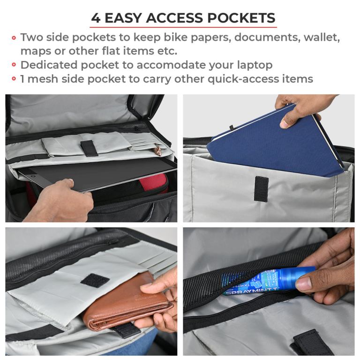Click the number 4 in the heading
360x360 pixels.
coord(96,18)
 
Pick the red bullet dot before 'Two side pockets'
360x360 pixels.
coord(14,37)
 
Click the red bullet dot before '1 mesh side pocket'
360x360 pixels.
coord(14,79)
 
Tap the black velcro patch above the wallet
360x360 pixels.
coord(95,280)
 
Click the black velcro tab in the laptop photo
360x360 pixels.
coord(88,147)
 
